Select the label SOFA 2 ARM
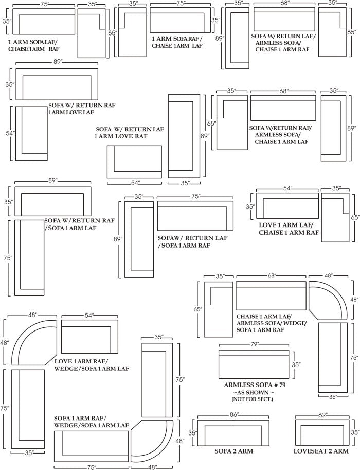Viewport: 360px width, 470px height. pyautogui.click(x=233, y=451)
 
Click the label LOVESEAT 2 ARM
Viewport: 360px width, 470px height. pyautogui.click(x=321, y=451)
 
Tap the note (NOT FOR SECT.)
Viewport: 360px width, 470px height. pyautogui.click(x=253, y=399)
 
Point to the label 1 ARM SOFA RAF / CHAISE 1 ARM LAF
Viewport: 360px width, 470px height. pyautogui.click(x=177, y=42)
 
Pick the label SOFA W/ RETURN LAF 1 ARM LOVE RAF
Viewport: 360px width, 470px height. pyautogui.click(x=130, y=133)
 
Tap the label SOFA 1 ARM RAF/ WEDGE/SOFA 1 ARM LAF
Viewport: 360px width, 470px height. pyautogui.click(x=91, y=422)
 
